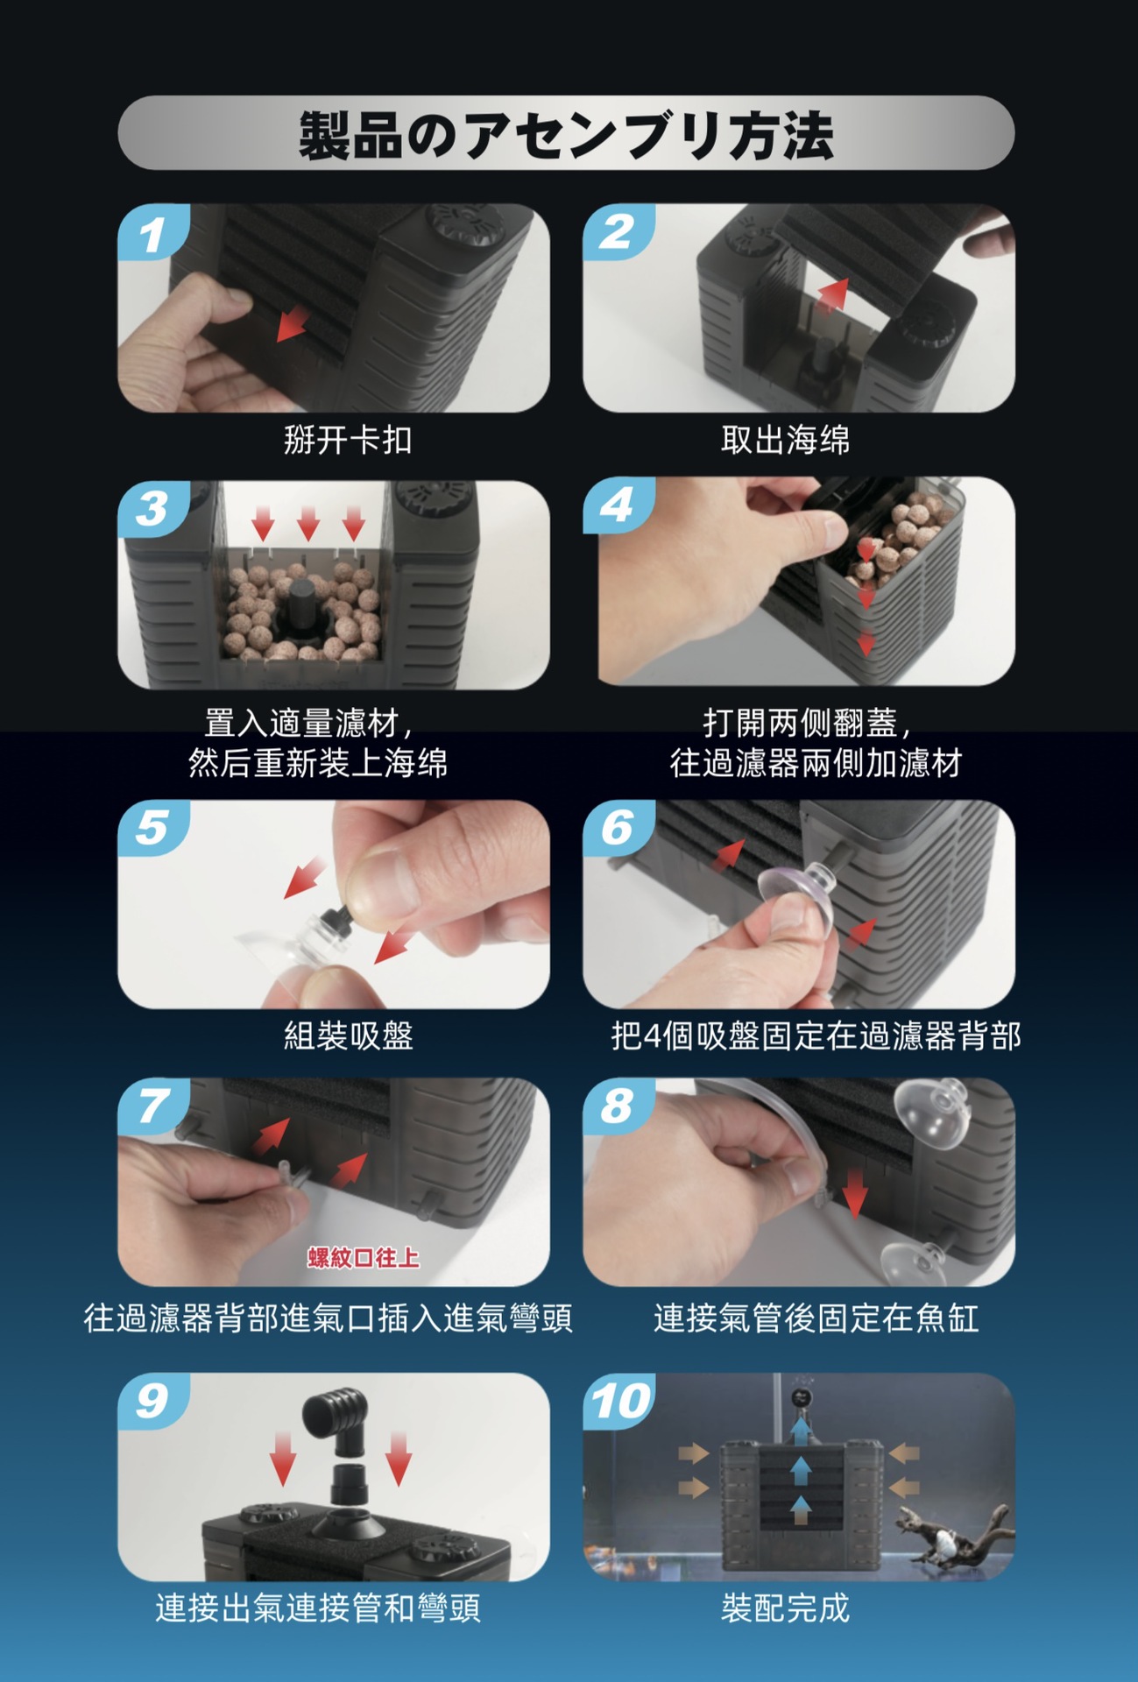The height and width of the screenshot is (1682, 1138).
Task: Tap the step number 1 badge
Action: (152, 233)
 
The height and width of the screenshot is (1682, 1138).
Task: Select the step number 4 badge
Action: (618, 505)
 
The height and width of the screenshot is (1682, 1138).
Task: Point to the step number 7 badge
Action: (152, 1106)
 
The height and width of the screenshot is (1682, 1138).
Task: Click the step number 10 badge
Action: (619, 1401)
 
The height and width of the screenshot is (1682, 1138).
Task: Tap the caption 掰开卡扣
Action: (348, 440)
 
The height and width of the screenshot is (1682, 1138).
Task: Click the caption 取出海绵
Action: (785, 440)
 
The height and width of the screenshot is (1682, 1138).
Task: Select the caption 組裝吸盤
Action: (348, 1035)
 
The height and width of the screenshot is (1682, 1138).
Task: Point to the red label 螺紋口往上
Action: (363, 1258)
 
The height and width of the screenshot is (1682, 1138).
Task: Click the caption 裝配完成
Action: (785, 1608)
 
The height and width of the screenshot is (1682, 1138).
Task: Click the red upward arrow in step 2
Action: (834, 294)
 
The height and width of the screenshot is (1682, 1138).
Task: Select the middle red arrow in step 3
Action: (307, 523)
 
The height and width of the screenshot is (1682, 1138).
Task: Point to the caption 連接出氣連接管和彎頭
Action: (318, 1608)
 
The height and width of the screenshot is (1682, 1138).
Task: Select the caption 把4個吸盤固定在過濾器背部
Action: (816, 1035)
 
